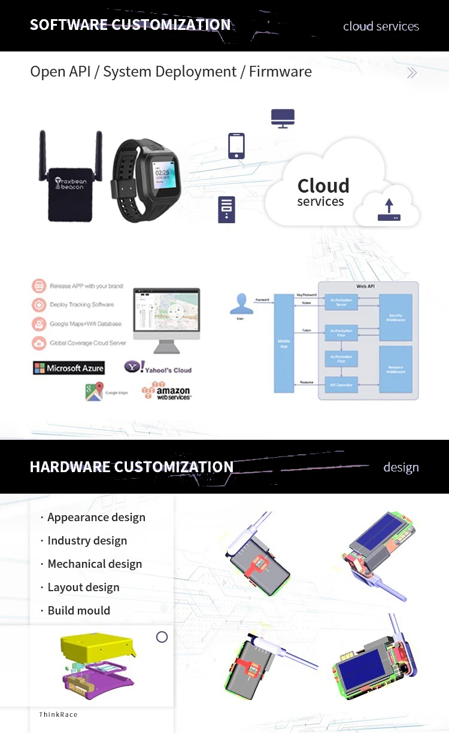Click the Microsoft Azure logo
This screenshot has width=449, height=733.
click(69, 368)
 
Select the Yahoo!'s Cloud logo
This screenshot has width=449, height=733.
click(158, 367)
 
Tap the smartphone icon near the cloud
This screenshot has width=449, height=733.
click(236, 146)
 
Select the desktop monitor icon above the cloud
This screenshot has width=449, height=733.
click(283, 118)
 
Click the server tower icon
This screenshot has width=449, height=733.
click(226, 209)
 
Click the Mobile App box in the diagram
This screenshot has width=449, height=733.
click(284, 343)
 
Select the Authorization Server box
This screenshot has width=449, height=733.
click(341, 302)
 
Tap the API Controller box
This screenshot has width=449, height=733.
click(341, 385)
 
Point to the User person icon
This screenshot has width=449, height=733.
click(241, 305)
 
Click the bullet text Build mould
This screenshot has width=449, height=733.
click(78, 610)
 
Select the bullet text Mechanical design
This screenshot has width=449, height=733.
click(95, 564)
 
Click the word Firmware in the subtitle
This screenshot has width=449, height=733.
click(280, 72)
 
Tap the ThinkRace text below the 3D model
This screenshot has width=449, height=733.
click(58, 714)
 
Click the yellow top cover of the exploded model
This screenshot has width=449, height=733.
click(96, 647)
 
